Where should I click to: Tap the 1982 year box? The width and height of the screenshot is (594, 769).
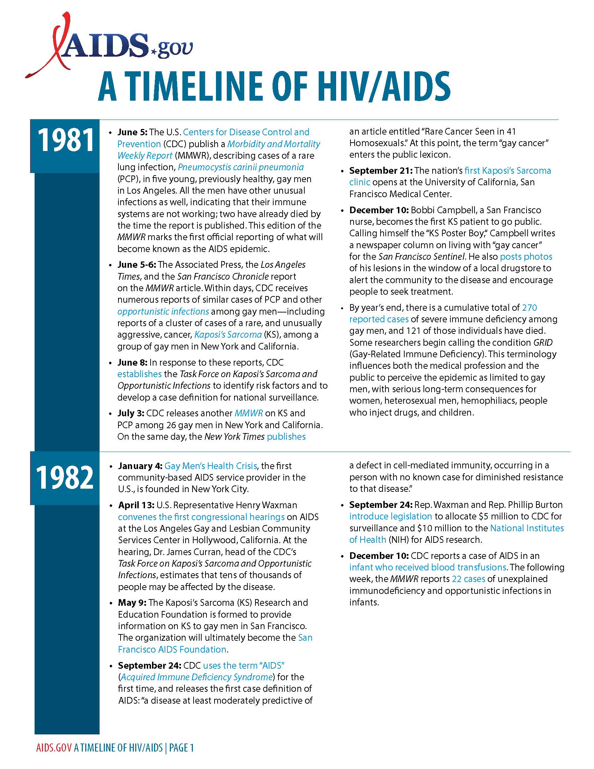(x=65, y=478)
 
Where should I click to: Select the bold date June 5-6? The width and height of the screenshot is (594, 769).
(x=137, y=265)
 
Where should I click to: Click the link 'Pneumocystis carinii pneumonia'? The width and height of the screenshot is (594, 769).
(x=240, y=167)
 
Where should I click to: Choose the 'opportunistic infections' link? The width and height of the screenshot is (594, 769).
(x=163, y=311)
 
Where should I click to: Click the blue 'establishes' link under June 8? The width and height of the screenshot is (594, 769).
(x=140, y=374)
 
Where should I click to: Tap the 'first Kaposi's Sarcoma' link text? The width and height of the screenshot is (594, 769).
(x=507, y=171)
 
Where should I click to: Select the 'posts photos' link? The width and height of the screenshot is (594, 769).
(x=526, y=256)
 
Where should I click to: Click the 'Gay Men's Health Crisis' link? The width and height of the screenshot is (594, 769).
(x=210, y=466)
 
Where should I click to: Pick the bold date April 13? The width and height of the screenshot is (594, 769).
(x=136, y=505)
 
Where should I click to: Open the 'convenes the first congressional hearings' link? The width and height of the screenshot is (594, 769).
(x=201, y=517)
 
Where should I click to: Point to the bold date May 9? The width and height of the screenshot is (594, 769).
(x=132, y=603)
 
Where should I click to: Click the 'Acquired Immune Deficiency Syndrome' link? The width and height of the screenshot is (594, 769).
(x=197, y=677)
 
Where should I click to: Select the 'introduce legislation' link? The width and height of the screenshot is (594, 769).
(x=390, y=516)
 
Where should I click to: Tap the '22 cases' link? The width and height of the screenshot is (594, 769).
(x=468, y=579)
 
